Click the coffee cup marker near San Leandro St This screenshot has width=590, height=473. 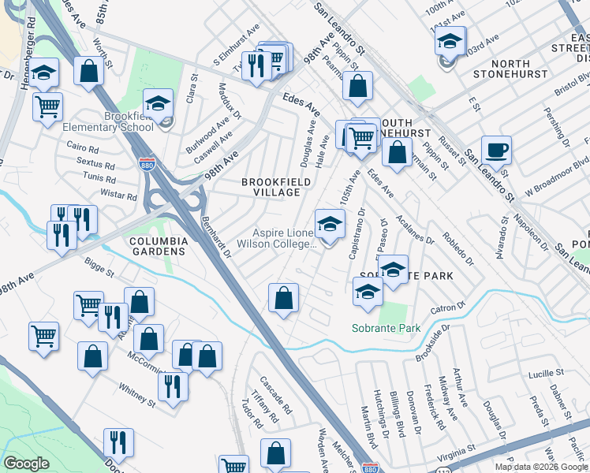coord(496,151)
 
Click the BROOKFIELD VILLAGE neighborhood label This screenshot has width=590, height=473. coord(275,187)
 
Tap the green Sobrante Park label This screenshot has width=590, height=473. coord(386,328)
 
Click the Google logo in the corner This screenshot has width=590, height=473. coord(25,464)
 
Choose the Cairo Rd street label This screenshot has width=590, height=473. coord(82,148)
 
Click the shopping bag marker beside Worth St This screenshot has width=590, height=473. coord(89,71)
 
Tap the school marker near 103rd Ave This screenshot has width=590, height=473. coord(450,41)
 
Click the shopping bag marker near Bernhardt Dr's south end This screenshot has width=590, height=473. coord(283,299)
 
